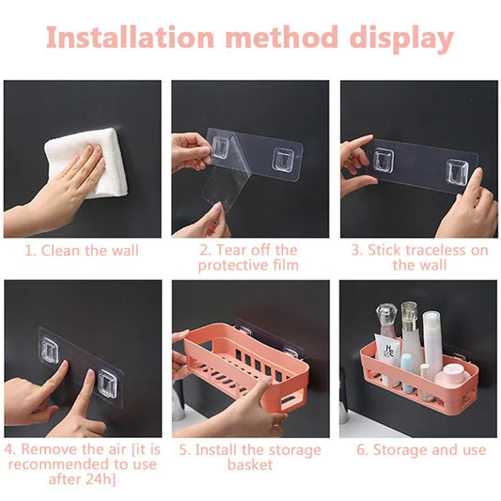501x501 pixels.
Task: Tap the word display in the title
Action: [x=399, y=39]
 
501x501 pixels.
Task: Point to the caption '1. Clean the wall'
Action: [x=82, y=250]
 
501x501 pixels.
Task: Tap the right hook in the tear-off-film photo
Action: [x=285, y=156]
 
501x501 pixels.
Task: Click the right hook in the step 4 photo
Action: [x=110, y=383]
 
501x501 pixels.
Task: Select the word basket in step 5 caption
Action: [x=249, y=464]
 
